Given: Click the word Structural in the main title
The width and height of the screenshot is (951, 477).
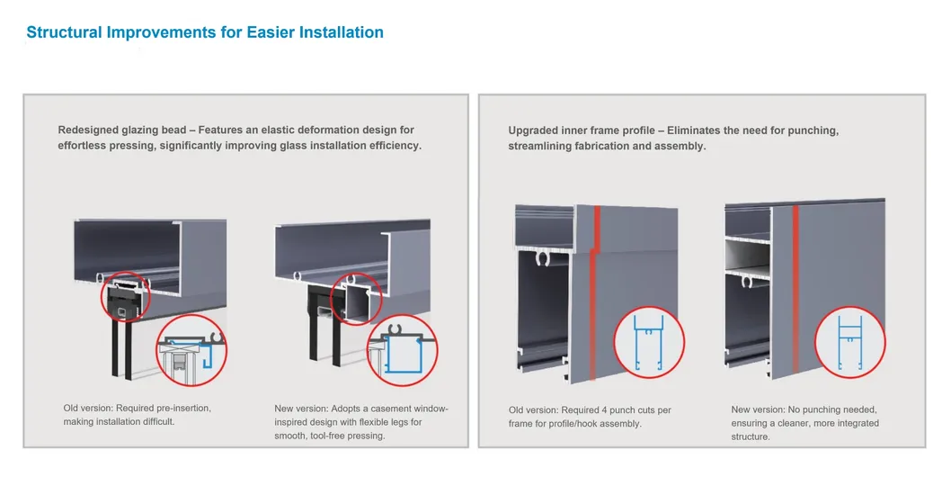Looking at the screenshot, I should click(x=63, y=32).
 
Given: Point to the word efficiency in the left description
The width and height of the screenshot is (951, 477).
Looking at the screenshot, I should click(x=387, y=146).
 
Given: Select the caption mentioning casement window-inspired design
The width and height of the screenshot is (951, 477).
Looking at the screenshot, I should click(x=360, y=422).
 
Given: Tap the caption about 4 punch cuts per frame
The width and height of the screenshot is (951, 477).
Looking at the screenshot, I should click(x=590, y=417).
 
